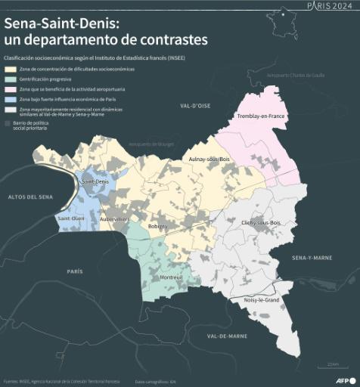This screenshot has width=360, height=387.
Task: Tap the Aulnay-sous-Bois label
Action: (209, 159)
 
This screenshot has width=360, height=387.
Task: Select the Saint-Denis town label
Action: (97, 181)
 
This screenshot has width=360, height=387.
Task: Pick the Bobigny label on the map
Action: (158, 226)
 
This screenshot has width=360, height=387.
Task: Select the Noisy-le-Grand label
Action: (262, 300)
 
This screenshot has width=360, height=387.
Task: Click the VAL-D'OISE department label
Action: (185, 107)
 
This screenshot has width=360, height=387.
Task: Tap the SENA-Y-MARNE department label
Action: (312, 258)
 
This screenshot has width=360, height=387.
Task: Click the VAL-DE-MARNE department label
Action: (215, 335)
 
